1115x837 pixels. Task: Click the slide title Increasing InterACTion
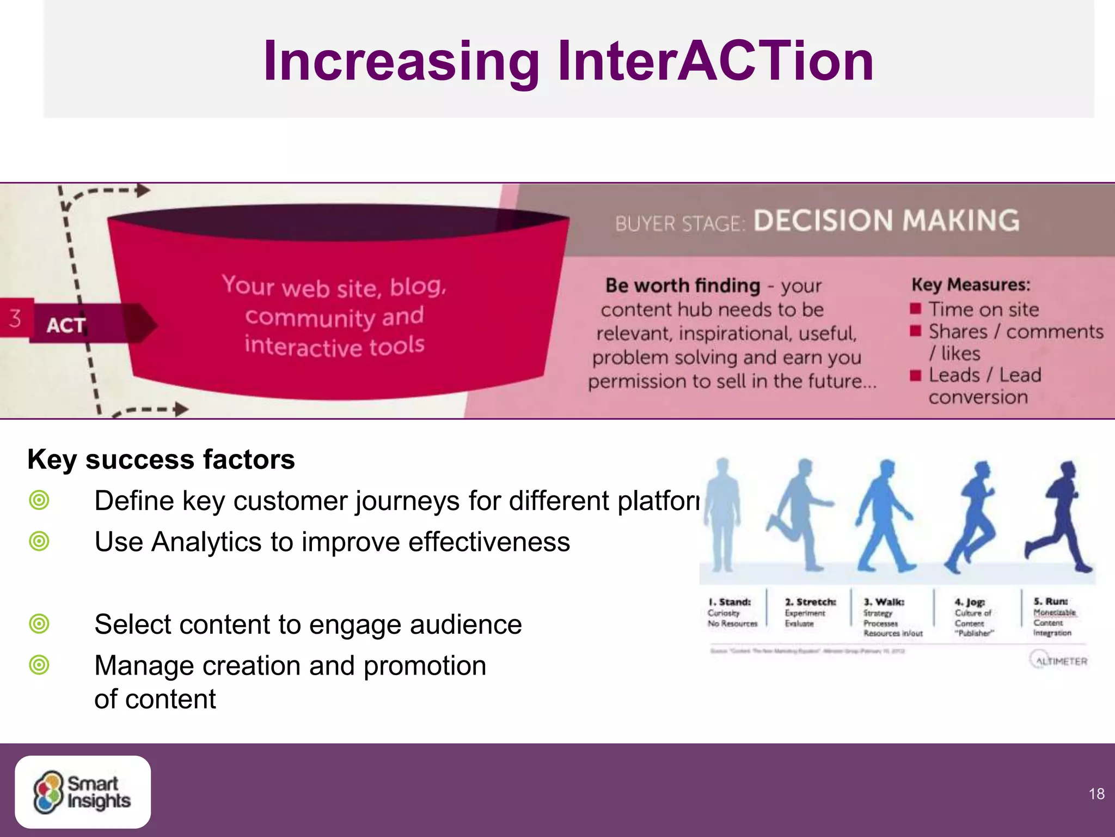click(568, 61)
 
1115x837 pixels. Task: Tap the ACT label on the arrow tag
click(66, 325)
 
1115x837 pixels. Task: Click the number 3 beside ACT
click(15, 318)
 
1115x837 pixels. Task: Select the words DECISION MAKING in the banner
click(886, 221)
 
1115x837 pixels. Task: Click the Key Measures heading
click(970, 284)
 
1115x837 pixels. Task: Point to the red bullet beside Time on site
click(915, 309)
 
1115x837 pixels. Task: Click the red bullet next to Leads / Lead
click(915, 375)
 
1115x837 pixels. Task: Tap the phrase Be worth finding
click(682, 286)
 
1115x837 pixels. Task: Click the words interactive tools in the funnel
click(334, 346)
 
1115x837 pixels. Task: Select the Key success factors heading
click(161, 459)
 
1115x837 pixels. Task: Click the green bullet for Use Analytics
click(39, 542)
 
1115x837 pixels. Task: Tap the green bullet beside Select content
click(39, 624)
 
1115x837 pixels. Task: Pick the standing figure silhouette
click(722, 515)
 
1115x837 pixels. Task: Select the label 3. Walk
click(884, 602)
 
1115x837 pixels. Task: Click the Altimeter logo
click(1058, 660)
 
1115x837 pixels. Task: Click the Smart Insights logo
click(83, 792)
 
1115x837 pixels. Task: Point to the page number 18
click(1096, 793)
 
